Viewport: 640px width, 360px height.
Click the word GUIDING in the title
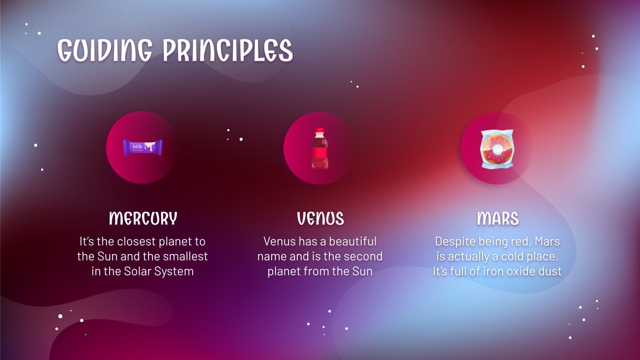point(105,50)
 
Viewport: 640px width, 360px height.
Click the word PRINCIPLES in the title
point(228,50)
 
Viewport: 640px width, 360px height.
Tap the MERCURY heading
point(143,218)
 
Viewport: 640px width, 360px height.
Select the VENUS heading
point(320,218)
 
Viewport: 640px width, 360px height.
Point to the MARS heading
point(498,218)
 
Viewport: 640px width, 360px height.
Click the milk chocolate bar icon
point(142,148)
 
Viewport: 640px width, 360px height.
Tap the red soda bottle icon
point(320,148)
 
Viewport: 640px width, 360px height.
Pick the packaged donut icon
point(497,148)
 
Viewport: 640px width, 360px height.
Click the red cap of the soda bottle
point(320,130)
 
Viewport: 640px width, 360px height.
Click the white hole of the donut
point(498,149)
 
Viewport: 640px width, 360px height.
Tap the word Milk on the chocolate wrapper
point(137,146)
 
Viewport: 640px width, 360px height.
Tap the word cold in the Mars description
point(512,256)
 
